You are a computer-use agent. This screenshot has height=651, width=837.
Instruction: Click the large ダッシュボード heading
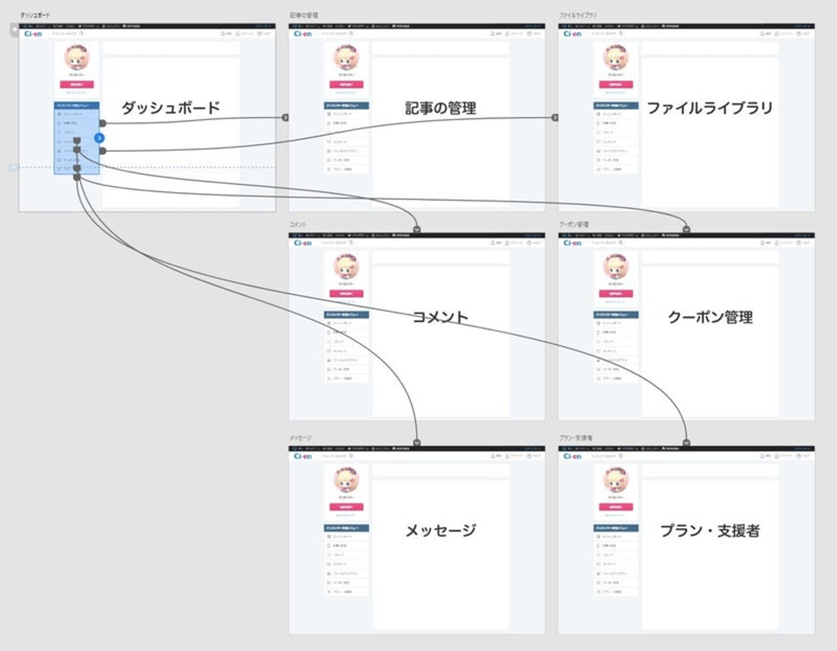(x=171, y=108)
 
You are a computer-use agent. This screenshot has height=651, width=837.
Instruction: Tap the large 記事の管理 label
(x=441, y=108)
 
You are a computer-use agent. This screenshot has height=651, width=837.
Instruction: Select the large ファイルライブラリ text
(x=710, y=108)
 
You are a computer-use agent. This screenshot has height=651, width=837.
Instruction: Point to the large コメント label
(x=440, y=317)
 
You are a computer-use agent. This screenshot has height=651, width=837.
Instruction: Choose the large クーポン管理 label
(x=710, y=317)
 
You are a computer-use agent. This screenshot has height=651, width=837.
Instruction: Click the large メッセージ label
(x=441, y=530)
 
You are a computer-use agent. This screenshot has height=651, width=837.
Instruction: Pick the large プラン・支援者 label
(x=710, y=530)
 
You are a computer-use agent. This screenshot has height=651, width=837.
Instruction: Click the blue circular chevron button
(x=99, y=138)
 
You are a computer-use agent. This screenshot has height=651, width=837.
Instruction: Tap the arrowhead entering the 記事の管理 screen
(x=285, y=117)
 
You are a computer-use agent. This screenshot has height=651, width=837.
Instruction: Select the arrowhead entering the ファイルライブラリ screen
(x=555, y=117)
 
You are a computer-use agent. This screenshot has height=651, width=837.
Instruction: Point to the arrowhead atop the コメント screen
(x=417, y=229)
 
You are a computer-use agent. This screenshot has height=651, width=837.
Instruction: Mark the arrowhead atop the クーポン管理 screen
(x=686, y=229)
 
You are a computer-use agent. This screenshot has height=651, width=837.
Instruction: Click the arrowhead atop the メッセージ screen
(x=417, y=442)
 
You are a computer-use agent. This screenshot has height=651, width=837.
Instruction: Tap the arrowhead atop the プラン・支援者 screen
(x=686, y=442)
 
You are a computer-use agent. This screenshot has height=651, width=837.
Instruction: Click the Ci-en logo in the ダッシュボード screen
(x=33, y=34)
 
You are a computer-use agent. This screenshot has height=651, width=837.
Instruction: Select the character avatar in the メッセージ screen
(x=346, y=480)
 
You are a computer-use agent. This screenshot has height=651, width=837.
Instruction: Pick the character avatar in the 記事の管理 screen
(x=346, y=58)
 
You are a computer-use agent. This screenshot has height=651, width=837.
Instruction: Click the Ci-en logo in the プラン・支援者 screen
(x=573, y=456)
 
